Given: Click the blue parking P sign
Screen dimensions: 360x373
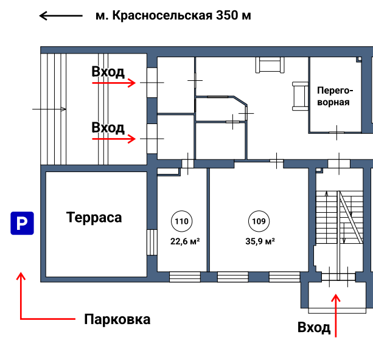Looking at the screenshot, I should [21, 224].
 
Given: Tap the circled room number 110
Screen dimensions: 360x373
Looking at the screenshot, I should [181, 221].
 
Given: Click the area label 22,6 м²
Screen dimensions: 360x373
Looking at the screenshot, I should [185, 241].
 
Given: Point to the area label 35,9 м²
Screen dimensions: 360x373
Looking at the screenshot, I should [260, 241].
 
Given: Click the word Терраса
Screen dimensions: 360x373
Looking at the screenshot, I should [94, 218].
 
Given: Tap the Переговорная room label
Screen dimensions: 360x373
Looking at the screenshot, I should [333, 95].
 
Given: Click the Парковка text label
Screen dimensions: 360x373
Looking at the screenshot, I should [117, 319].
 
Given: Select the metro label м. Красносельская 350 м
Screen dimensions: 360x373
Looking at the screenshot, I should [173, 16].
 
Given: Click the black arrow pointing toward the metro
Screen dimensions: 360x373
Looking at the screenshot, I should [61, 16].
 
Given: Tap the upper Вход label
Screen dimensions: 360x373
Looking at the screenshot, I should [108, 72].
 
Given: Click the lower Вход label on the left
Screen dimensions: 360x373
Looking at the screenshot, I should [108, 128].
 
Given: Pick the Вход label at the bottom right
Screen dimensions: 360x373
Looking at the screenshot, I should [314, 328].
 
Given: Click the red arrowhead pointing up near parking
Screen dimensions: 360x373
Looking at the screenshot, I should [21, 277].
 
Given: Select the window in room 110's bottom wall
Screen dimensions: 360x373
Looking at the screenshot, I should [184, 277].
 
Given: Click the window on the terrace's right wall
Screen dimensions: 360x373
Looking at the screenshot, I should [150, 243].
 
